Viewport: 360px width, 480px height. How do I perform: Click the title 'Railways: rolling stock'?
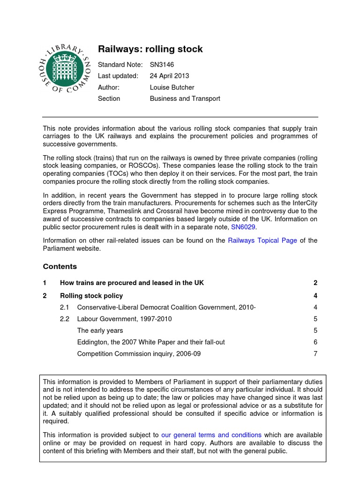(x=150, y=49)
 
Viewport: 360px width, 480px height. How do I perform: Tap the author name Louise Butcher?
(x=172, y=87)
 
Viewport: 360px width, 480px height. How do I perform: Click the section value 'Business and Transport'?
(x=185, y=98)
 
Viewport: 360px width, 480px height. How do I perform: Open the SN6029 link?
(x=244, y=227)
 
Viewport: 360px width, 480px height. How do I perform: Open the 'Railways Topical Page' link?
(x=262, y=240)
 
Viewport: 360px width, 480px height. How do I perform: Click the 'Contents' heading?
(x=60, y=266)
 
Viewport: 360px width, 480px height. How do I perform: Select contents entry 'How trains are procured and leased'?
(x=132, y=283)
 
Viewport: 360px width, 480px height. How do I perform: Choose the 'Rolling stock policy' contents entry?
(x=91, y=295)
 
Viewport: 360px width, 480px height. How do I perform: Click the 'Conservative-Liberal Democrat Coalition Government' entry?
(x=166, y=307)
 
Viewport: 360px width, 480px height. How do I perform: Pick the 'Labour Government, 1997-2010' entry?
(x=124, y=319)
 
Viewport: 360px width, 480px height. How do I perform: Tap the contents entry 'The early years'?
(x=100, y=330)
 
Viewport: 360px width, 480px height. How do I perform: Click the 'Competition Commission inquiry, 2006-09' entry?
(x=139, y=354)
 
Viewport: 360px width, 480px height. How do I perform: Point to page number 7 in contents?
(x=315, y=354)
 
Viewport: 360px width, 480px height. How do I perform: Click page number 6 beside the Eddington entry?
(x=315, y=342)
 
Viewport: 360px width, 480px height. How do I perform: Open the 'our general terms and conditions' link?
(x=211, y=435)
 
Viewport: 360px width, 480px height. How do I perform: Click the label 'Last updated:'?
(x=118, y=75)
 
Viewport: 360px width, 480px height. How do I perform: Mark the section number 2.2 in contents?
(x=64, y=319)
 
